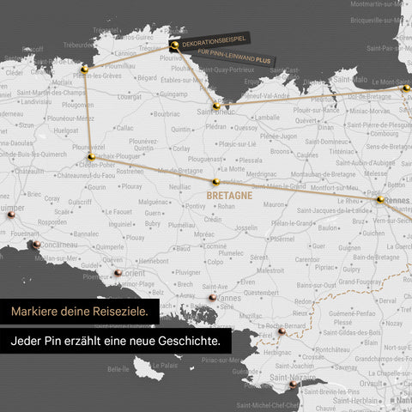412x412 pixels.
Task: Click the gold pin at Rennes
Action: (379, 199)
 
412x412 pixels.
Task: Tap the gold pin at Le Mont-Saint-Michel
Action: (406, 88)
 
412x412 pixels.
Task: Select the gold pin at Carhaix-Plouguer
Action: (91, 157)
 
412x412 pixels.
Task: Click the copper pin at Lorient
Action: (118, 272)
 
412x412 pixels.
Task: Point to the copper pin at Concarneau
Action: (37, 245)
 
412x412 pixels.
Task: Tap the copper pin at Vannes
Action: (212, 297)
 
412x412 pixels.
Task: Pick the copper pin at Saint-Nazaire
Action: (293, 385)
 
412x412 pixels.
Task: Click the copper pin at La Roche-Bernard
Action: (282, 330)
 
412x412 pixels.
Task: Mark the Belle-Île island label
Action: (118, 368)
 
